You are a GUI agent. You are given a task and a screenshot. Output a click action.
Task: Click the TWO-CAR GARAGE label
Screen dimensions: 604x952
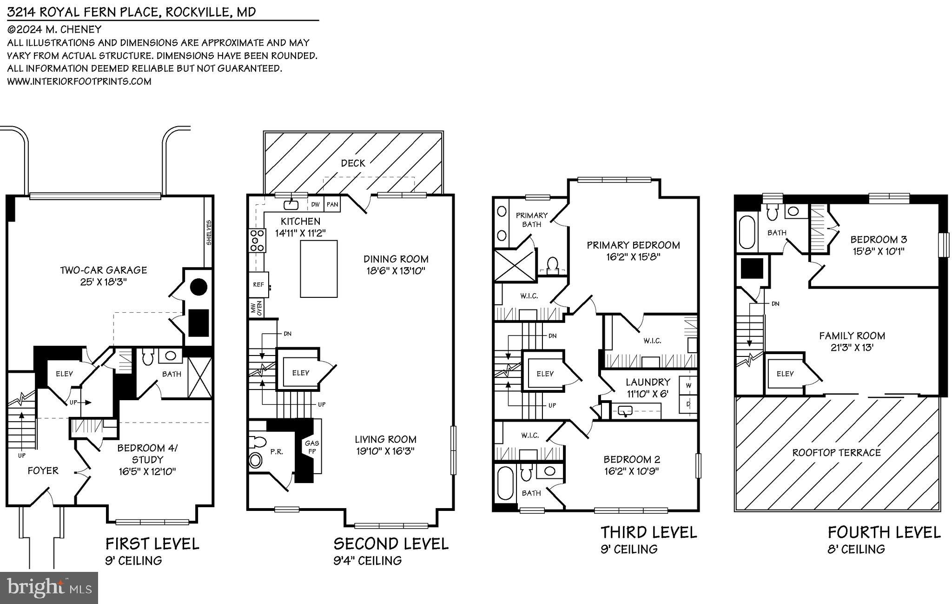(x=103, y=270)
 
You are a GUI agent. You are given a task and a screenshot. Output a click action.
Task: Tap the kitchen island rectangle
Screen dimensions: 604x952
(x=318, y=268)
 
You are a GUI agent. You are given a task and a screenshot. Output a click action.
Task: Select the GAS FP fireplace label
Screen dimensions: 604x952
(x=311, y=447)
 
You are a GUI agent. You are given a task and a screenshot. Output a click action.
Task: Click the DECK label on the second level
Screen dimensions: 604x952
(x=353, y=163)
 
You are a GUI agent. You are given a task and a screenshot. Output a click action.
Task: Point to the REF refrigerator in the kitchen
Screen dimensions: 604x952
(x=258, y=284)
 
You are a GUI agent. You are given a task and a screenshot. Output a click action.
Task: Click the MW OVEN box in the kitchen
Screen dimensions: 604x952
(x=257, y=308)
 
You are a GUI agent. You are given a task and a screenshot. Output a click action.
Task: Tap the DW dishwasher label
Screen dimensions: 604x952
(x=315, y=204)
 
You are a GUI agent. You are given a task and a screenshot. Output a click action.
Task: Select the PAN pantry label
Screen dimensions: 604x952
(x=332, y=204)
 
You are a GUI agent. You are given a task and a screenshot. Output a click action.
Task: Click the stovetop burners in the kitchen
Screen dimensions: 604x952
(x=257, y=241)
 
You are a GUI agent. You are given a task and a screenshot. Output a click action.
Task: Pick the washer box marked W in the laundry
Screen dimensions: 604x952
(x=688, y=385)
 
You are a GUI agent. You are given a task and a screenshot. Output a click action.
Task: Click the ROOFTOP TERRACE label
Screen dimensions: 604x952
(x=836, y=452)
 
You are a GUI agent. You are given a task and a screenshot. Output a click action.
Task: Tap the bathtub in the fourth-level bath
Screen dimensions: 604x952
(x=747, y=232)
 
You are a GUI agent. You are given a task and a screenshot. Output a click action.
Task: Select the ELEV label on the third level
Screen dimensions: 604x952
(x=545, y=374)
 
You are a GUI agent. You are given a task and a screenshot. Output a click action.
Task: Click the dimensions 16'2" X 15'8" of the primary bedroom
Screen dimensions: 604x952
(x=633, y=256)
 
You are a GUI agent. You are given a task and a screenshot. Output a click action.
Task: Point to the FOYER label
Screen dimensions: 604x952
(x=43, y=470)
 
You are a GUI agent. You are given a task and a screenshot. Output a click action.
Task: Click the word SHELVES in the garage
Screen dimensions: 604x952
(x=209, y=233)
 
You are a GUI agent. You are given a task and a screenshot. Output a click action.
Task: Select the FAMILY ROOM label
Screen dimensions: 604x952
(x=852, y=336)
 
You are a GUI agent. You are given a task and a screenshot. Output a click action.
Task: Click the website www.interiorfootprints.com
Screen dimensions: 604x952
(x=79, y=81)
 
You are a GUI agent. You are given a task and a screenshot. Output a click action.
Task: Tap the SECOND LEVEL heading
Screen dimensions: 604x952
(x=390, y=544)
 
